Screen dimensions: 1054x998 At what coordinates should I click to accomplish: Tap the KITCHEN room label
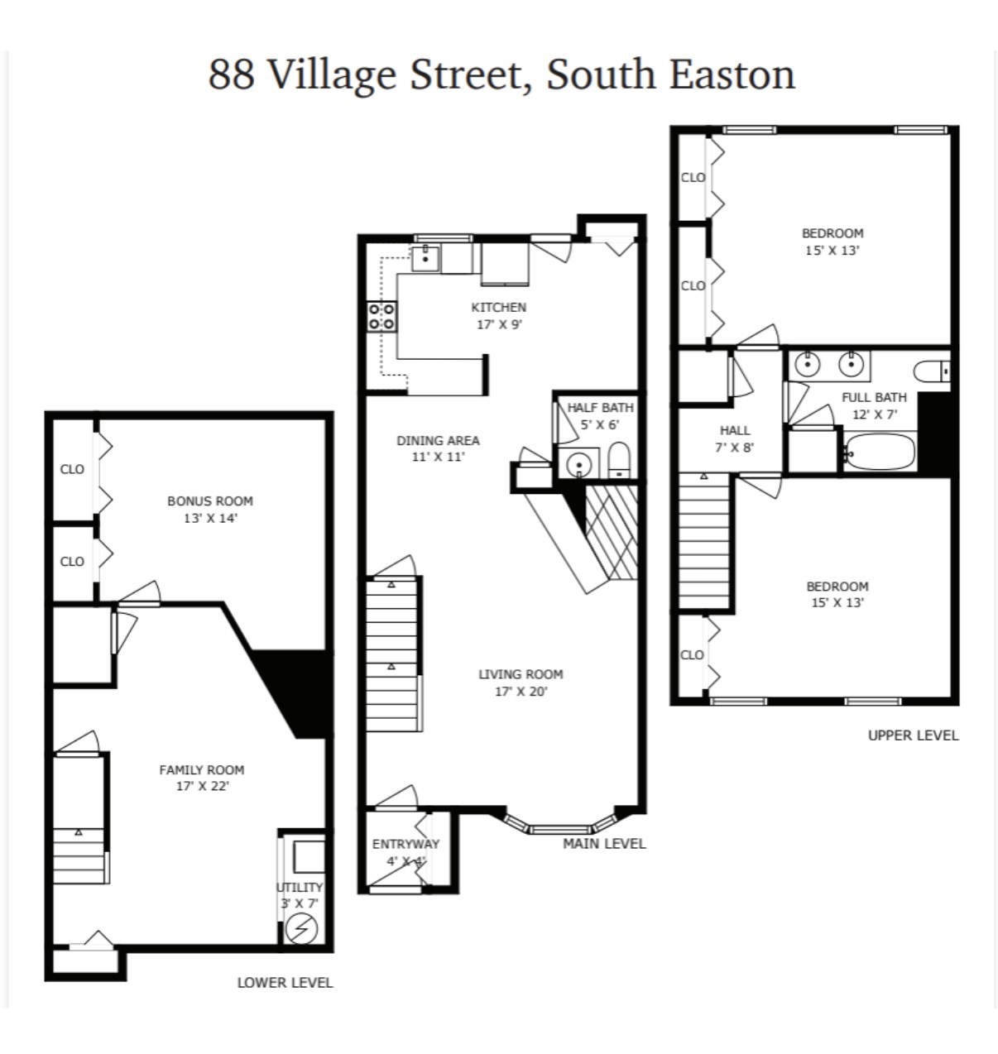(x=498, y=308)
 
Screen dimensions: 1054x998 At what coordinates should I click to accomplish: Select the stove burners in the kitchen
(x=381, y=316)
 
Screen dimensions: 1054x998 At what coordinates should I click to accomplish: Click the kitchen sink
(x=426, y=258)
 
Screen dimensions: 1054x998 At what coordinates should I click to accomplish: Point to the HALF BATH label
(x=600, y=408)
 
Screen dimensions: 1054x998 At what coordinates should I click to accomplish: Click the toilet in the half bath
(x=618, y=459)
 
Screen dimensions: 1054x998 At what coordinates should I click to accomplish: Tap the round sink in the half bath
(x=578, y=464)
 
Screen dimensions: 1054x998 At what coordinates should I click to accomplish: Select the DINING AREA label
(x=438, y=441)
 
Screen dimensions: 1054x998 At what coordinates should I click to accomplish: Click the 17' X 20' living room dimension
(x=521, y=692)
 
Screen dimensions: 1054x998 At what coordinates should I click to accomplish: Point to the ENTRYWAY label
(x=405, y=845)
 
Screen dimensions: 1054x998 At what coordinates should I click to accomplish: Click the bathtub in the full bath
(x=880, y=452)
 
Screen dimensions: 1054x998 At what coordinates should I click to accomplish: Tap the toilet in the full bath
(x=932, y=370)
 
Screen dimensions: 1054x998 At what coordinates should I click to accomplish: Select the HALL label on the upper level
(x=735, y=430)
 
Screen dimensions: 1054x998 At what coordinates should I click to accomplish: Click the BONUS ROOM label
(x=210, y=501)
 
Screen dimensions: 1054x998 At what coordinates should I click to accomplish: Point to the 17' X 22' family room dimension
(x=202, y=786)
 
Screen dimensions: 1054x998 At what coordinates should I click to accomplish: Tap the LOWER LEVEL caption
(x=285, y=983)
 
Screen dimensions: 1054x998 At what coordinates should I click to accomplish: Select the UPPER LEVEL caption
(x=913, y=735)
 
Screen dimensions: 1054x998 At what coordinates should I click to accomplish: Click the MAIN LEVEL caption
(x=604, y=844)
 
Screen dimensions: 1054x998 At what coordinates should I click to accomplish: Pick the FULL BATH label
(x=874, y=398)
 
